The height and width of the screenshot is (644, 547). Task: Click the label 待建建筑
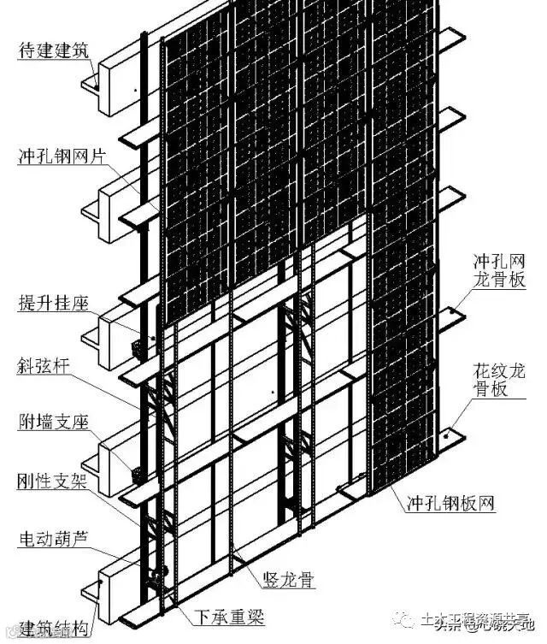[54, 50]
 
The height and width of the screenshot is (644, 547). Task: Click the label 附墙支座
[54, 423]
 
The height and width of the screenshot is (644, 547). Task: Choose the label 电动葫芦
[54, 541]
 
